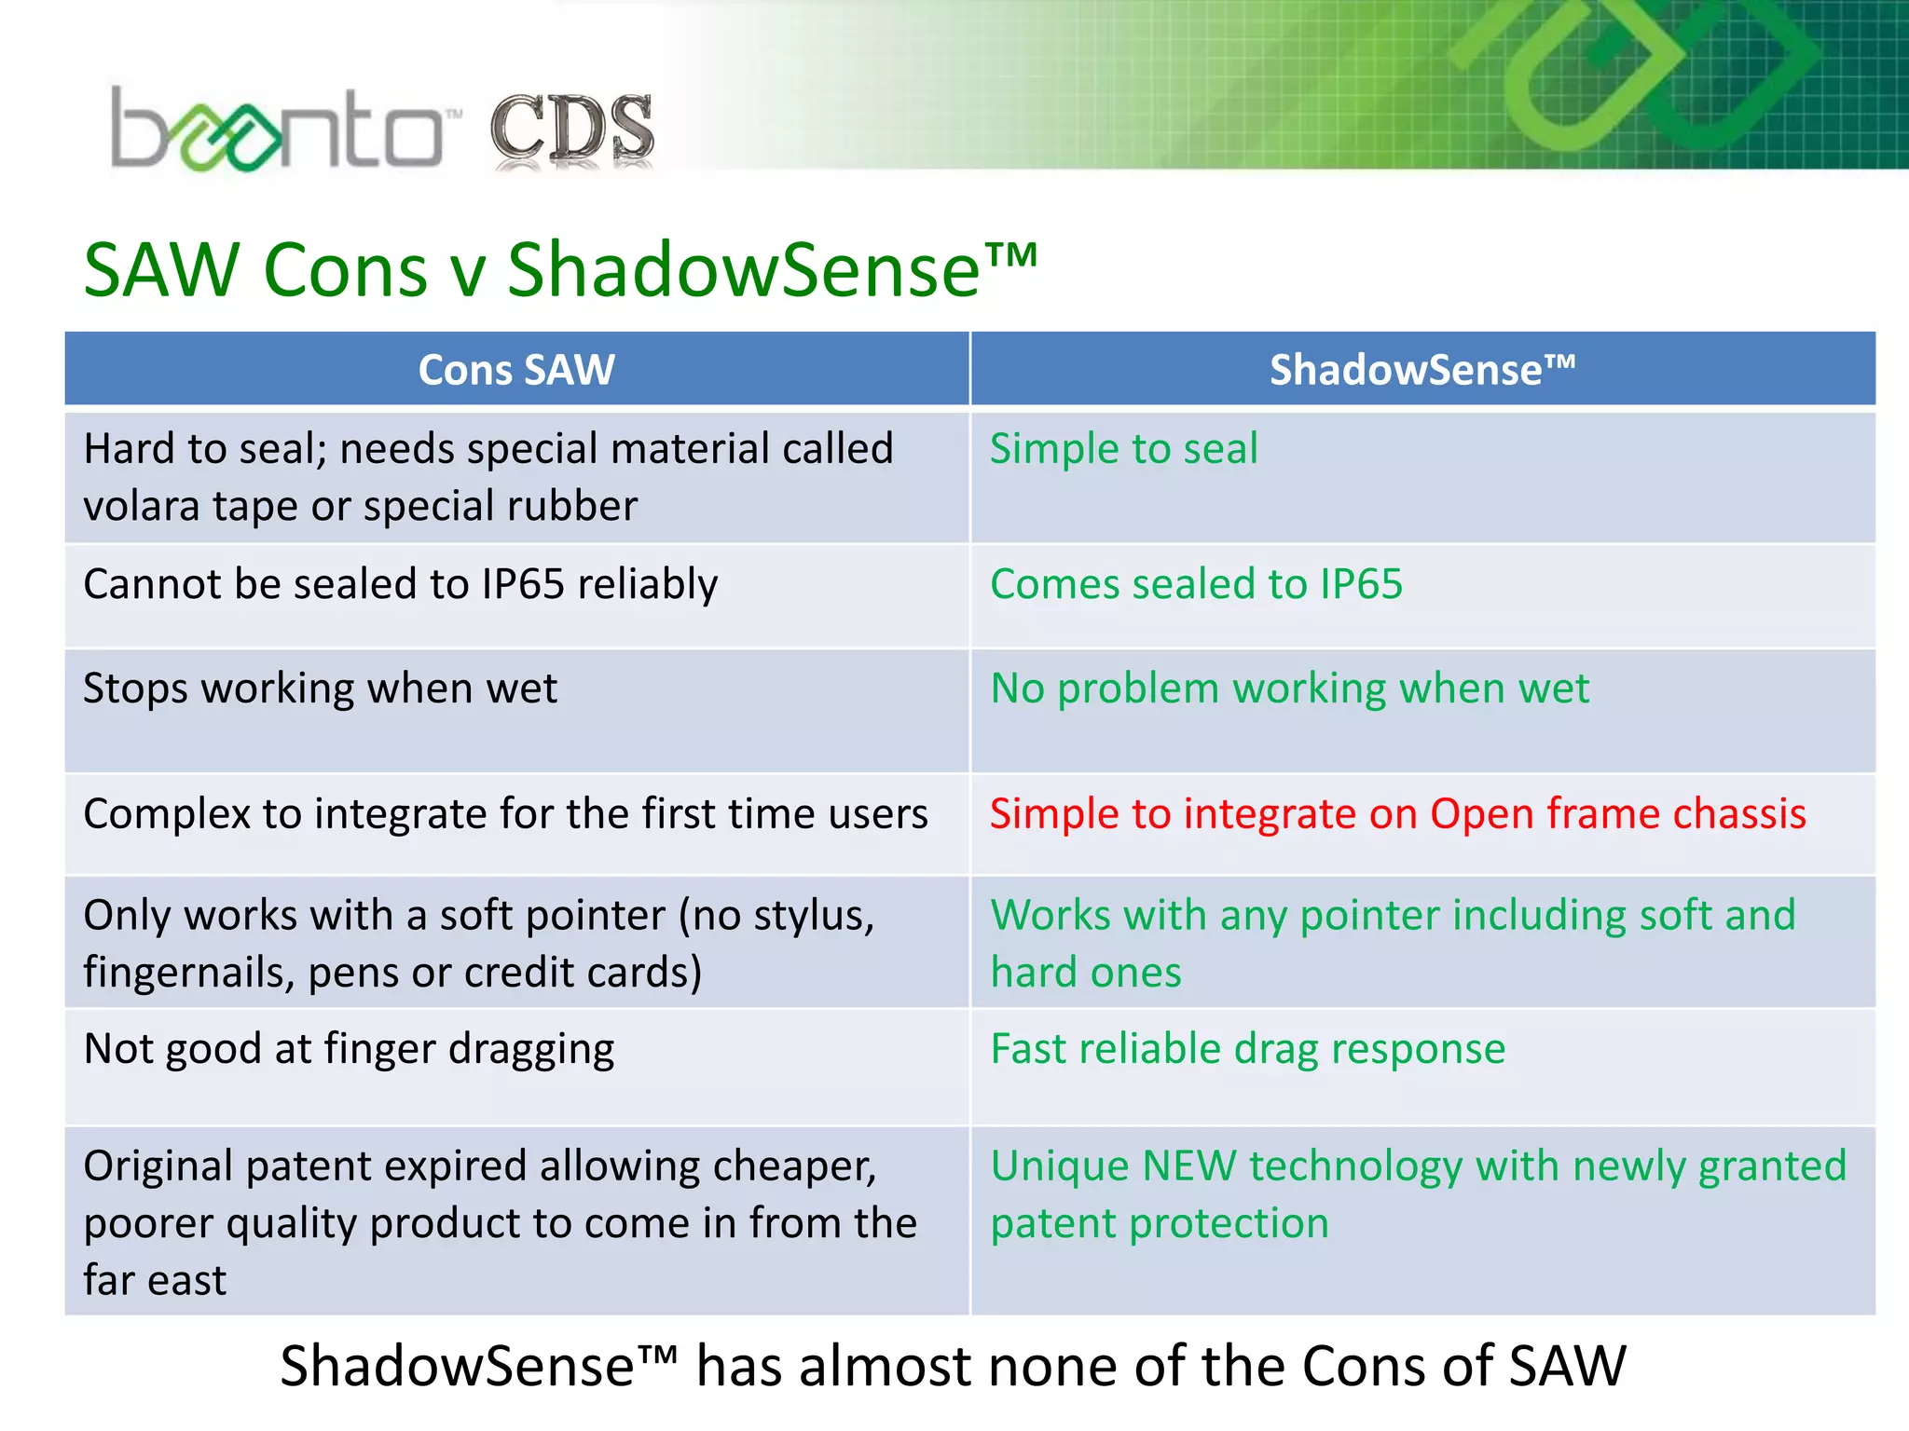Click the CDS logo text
[572, 130]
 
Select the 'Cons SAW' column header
[516, 370]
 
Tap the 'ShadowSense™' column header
[1422, 370]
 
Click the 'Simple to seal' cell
[1123, 449]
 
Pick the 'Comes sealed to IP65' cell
[1196, 584]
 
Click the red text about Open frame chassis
[1397, 813]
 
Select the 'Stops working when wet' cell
[320, 688]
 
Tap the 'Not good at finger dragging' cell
[349, 1049]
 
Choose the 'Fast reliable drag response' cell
[1247, 1049]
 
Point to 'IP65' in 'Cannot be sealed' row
[523, 584]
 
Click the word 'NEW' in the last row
[1188, 1166]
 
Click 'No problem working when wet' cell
[1289, 688]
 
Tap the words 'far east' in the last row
[155, 1281]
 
